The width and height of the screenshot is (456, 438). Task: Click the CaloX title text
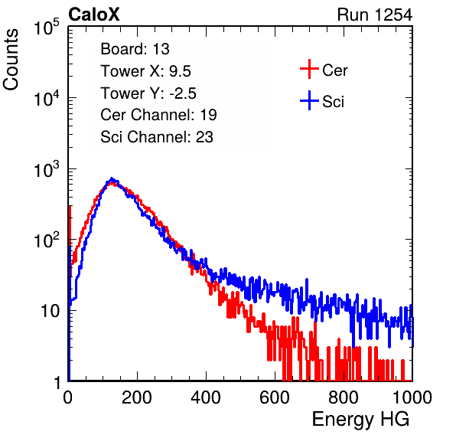93,15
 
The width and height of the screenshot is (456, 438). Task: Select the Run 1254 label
375,15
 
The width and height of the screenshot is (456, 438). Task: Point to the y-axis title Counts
11,60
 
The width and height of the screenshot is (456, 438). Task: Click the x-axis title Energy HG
360,420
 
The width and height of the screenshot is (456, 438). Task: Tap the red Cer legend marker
309,69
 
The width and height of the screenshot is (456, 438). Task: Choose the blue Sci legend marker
309,100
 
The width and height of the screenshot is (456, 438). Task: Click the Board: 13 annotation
135,49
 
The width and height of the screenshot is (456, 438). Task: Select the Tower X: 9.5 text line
145,71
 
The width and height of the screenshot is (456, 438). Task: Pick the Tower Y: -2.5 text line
148,93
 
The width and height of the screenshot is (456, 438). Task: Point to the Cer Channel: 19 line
158,115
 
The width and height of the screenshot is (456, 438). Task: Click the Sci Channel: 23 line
157,137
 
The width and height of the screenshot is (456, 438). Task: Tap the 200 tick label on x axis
137,397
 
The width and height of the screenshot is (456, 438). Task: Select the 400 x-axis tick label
206,397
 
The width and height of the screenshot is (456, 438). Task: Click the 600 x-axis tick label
275,397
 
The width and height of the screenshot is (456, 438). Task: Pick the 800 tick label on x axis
344,397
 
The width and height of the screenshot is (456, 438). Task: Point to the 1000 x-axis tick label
412,397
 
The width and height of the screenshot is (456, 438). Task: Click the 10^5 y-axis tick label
47,27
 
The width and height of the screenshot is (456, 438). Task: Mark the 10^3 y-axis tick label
47,169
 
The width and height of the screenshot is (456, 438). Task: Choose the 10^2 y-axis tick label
47,240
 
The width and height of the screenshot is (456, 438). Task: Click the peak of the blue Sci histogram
112,178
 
